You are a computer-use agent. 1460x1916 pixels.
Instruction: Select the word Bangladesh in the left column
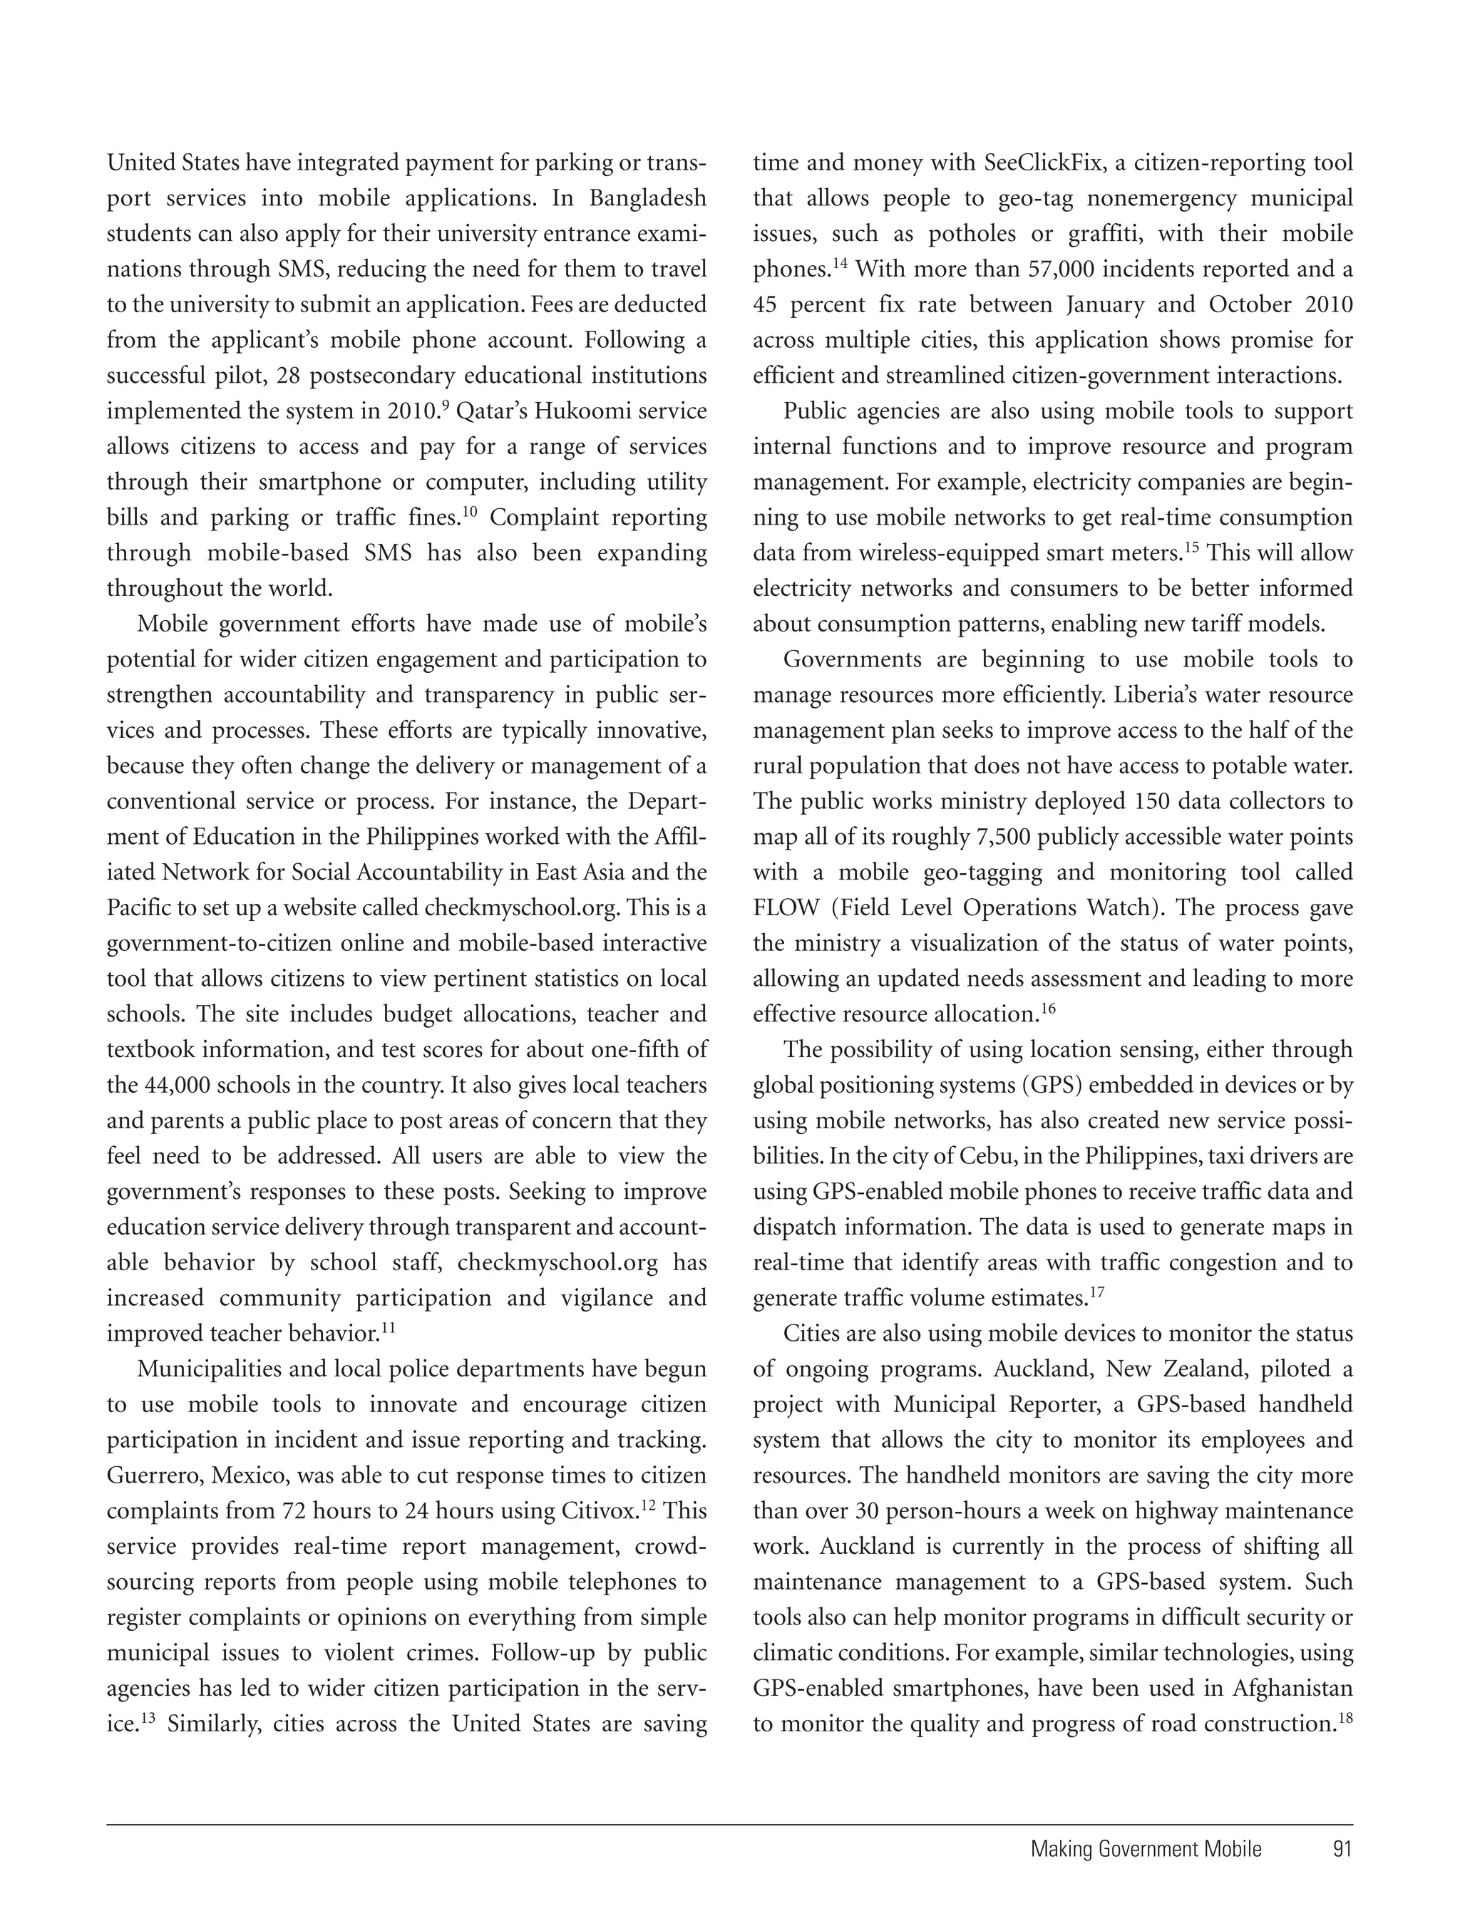(647, 198)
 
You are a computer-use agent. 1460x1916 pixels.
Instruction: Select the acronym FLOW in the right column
(785, 908)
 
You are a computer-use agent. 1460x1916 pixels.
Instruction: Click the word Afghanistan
(1292, 1689)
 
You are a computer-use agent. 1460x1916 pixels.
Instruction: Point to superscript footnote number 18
(1345, 1719)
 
